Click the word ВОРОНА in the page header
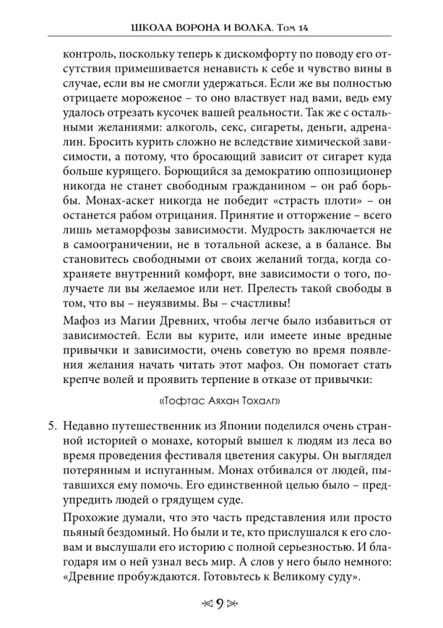[189, 28]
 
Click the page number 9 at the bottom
[221, 605]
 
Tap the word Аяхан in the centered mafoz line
[221, 401]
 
